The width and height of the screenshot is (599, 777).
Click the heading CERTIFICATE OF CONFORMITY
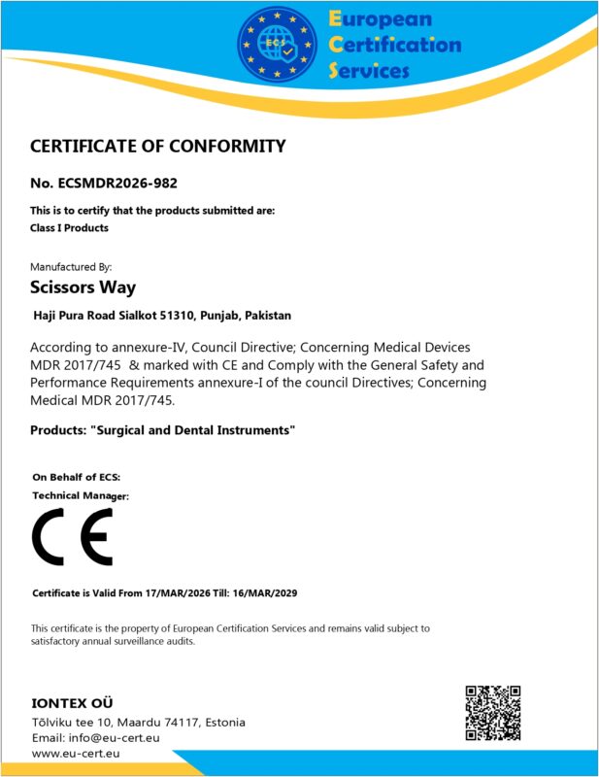(158, 147)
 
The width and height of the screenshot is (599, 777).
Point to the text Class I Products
(70, 227)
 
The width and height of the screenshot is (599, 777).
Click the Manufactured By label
(72, 265)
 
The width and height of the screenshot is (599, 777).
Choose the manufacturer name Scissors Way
(83, 287)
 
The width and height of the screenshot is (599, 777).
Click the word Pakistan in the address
(268, 316)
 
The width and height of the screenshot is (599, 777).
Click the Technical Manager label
(81, 495)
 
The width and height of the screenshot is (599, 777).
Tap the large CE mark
(73, 537)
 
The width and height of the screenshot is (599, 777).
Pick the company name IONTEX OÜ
(78, 702)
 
